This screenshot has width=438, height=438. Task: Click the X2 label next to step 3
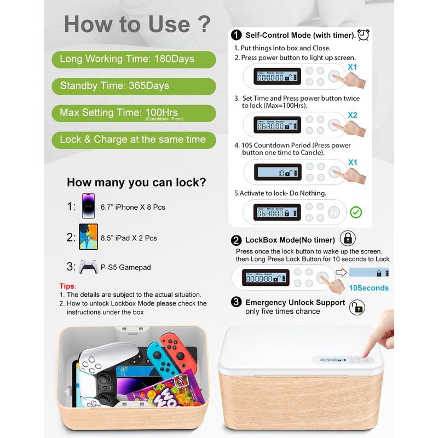[x=352, y=116]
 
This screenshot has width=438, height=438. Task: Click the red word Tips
[x=67, y=286]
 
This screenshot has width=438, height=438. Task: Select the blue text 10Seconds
[x=368, y=288]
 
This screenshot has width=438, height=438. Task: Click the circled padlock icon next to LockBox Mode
[x=348, y=239]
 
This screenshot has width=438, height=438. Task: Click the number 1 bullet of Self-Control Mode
[x=237, y=36]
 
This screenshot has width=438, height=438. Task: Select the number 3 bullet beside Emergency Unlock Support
[x=237, y=302]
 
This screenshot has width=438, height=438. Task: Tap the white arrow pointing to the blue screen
[x=341, y=272]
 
